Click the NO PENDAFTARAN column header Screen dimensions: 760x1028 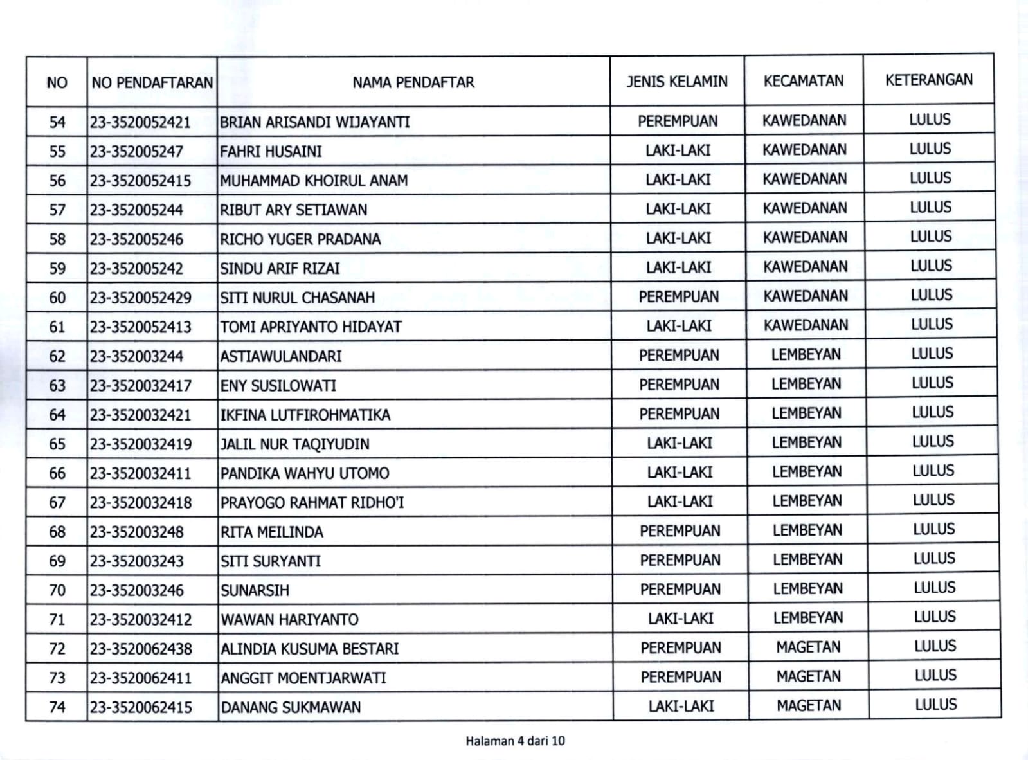152,83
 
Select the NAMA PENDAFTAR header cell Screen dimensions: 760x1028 413,82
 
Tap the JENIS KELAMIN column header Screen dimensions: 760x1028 677,82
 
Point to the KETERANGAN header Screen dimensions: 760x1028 928,80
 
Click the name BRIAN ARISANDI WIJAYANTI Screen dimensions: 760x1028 315,122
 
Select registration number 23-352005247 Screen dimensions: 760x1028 136,152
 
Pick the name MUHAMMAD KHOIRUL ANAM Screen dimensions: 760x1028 314,181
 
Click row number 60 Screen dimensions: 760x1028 57,298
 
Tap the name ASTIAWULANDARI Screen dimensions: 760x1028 281,356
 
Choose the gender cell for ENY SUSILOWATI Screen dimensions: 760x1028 679,385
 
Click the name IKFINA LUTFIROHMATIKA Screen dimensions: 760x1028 305,415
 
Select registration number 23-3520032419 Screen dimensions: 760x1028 140,444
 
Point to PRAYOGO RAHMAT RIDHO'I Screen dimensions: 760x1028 312,502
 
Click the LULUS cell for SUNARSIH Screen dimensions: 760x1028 934,588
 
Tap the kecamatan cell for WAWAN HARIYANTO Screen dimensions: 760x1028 807,618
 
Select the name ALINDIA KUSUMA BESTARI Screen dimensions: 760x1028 310,649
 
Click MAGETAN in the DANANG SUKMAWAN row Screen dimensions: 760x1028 809,706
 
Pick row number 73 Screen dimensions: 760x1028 57,678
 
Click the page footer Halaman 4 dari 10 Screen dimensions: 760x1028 515,741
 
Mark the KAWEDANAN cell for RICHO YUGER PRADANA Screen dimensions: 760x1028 805,237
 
